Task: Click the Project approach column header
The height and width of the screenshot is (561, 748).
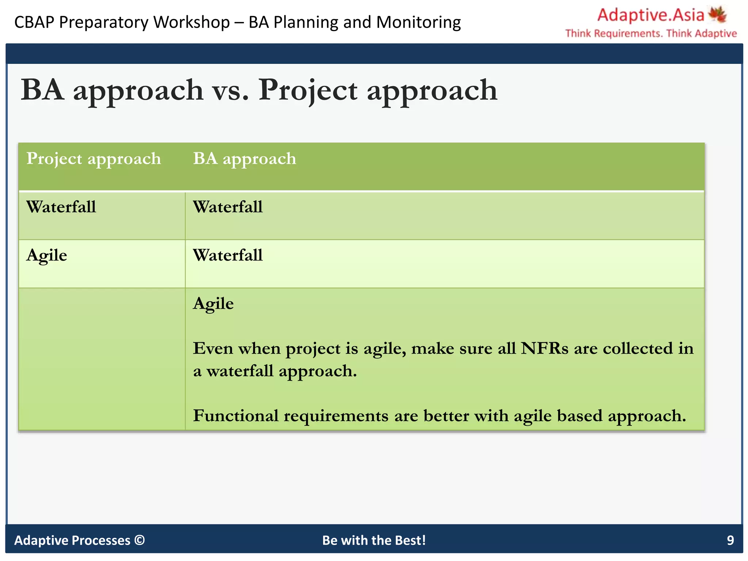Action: point(93,159)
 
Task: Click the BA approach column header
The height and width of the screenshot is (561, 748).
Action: point(244,159)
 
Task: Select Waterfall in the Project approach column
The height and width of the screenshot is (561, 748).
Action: point(61,207)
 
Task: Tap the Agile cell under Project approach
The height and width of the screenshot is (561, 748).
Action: point(47,255)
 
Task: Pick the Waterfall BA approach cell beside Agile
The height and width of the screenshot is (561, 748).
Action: point(228,255)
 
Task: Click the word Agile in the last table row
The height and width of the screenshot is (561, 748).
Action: point(213,304)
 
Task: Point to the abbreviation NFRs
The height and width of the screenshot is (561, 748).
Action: point(544,348)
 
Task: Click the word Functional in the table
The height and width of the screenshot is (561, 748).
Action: point(236,416)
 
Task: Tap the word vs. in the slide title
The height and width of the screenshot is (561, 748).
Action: point(230,90)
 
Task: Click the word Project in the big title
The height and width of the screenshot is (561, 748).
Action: point(308,90)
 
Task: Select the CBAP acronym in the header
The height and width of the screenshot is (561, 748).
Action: point(34,22)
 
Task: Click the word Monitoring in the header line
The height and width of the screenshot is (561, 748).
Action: point(418,22)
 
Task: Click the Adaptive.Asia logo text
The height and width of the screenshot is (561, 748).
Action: point(650,15)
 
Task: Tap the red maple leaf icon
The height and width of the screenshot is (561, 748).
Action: point(718,15)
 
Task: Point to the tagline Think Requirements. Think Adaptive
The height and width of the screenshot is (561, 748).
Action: point(651,33)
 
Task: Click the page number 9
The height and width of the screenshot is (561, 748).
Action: point(730,540)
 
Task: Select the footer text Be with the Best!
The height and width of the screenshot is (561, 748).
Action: point(374,540)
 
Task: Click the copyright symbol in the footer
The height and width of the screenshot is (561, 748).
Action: point(140,540)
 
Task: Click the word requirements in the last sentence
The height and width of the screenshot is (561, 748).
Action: point(336,416)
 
